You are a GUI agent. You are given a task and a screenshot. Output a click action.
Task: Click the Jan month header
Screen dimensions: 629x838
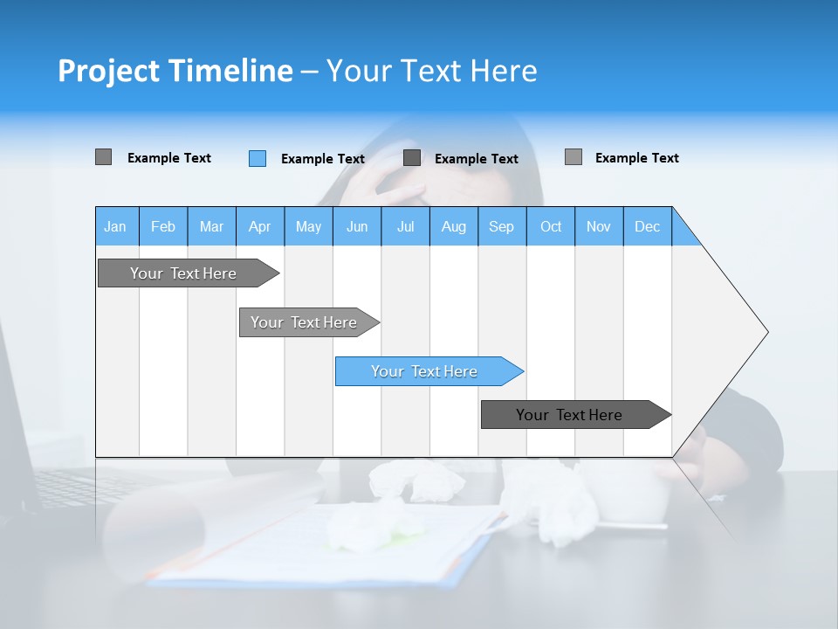tap(116, 226)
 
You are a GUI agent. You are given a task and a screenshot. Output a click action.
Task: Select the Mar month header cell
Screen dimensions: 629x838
tap(211, 226)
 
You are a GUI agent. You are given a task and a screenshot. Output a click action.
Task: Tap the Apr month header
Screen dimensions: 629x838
tap(260, 226)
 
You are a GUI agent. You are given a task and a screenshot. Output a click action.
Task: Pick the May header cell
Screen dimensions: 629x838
tap(308, 226)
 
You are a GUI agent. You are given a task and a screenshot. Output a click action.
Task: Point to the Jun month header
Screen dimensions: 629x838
tap(357, 226)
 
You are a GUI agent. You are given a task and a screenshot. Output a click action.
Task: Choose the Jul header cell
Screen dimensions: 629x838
tap(405, 226)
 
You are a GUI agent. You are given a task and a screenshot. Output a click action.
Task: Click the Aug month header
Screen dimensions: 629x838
tap(454, 226)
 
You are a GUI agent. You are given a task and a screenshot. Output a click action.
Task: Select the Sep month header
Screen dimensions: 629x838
tap(502, 226)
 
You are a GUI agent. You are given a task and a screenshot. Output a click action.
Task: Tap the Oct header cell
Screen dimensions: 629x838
tap(551, 226)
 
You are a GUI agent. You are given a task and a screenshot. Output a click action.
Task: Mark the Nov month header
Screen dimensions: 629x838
tap(599, 226)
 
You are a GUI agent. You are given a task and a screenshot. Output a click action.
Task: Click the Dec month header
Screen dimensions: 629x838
tap(648, 226)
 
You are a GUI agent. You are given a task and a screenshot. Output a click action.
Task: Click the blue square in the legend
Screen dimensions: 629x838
tap(258, 158)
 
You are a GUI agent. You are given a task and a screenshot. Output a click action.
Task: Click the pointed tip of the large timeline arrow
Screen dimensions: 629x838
tap(765, 332)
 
